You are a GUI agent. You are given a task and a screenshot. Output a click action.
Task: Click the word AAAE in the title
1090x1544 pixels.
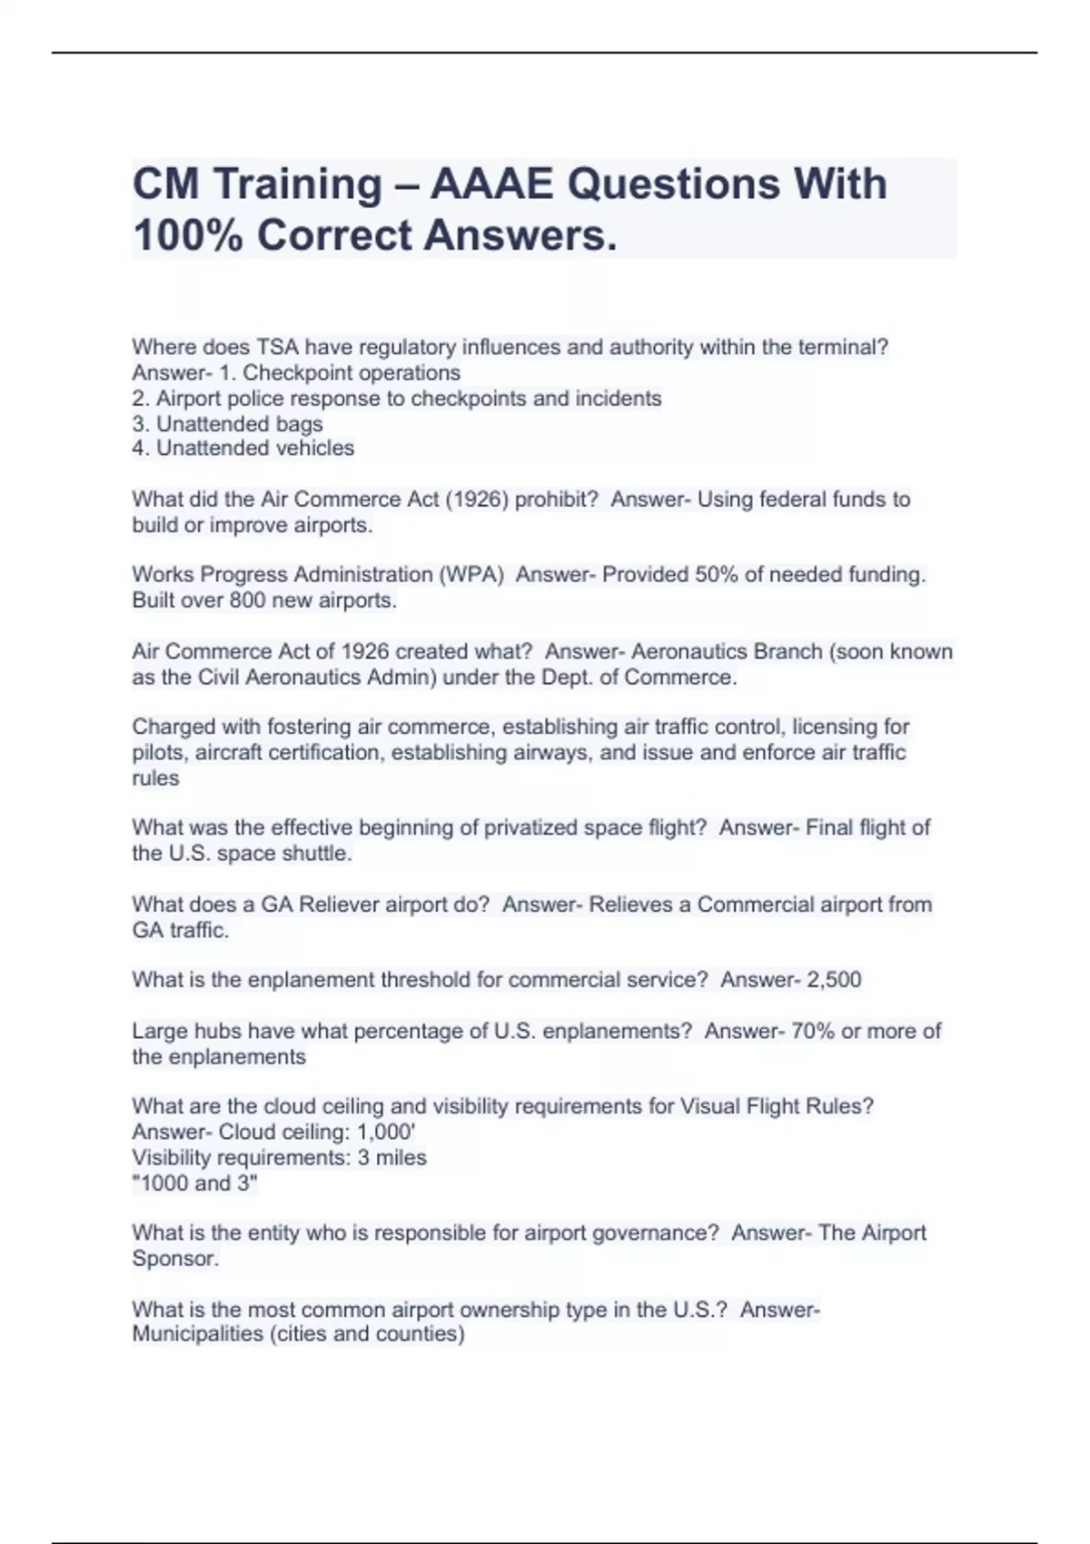(490, 184)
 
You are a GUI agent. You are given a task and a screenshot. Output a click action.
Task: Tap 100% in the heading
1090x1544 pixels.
(186, 236)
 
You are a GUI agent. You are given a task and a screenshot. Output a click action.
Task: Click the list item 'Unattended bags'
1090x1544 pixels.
(239, 424)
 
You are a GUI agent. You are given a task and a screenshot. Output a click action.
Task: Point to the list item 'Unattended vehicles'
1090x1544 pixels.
(254, 449)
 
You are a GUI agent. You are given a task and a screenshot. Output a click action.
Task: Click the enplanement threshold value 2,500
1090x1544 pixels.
(834, 980)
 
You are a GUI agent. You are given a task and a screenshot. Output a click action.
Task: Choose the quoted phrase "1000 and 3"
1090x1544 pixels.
(195, 1183)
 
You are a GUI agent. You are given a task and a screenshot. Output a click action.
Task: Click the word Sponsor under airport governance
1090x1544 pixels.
(173, 1259)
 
